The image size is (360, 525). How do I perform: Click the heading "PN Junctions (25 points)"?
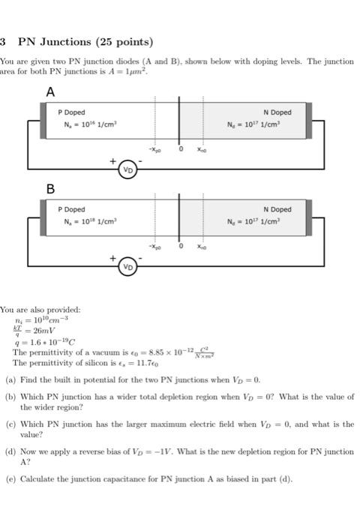tap(85, 42)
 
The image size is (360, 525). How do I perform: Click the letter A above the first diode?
tap(50, 92)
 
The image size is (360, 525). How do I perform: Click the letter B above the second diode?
tap(51, 190)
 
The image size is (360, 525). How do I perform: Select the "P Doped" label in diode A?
tap(72, 112)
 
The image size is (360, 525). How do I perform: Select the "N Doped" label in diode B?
tap(277, 209)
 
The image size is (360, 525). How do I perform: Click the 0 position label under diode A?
tap(180, 149)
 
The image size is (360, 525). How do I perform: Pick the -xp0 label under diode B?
tap(154, 246)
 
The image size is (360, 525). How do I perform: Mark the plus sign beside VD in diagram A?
tap(113, 160)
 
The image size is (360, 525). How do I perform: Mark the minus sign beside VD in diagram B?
tap(140, 258)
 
